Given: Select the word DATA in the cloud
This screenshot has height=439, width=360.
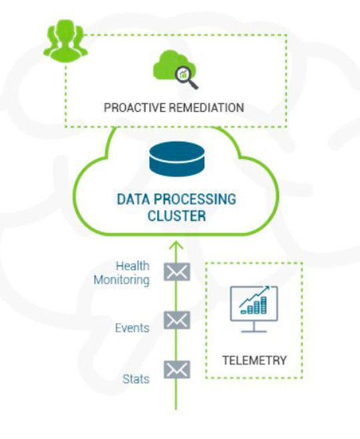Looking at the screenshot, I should (133, 199).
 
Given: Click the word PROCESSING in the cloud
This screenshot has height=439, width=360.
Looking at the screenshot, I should (198, 199).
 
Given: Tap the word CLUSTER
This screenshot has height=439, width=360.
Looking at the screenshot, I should (176, 216).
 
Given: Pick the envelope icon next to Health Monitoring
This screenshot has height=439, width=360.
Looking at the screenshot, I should (177, 272).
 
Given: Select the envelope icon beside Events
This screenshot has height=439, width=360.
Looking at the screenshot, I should (177, 320).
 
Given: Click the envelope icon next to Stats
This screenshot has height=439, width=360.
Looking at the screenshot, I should (177, 369).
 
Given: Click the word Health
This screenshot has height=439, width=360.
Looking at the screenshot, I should (132, 266).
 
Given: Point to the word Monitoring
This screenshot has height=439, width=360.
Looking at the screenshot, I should (121, 280).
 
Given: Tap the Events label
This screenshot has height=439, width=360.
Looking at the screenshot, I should (132, 328).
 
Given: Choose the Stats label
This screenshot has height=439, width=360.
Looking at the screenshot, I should (136, 379).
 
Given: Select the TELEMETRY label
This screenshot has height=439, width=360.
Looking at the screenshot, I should (254, 360).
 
